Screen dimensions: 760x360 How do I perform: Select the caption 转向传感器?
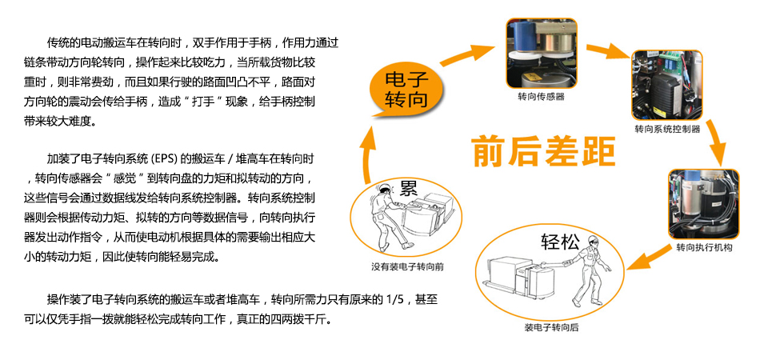[x=541, y=97]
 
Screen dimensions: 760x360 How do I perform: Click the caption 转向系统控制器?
[x=667, y=130]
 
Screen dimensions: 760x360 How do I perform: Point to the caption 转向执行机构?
[x=704, y=248]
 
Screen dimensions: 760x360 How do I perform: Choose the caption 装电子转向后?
[x=550, y=327]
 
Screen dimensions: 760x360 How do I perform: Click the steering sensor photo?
[x=542, y=54]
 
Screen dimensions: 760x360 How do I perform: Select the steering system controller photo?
[x=667, y=86]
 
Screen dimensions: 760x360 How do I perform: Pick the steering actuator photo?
[x=704, y=204]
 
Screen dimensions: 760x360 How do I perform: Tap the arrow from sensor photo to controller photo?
[x=609, y=50]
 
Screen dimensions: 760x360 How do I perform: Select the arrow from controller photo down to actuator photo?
[x=717, y=142]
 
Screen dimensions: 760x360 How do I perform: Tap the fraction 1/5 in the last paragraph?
[x=394, y=299]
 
